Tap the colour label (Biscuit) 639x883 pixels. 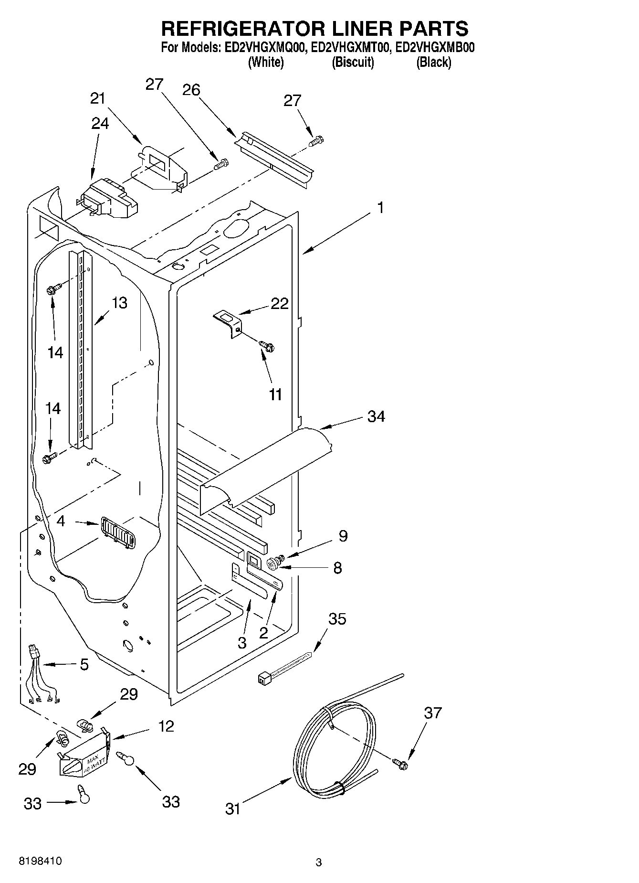coord(353,62)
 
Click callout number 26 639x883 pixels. coord(191,90)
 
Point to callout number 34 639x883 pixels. coord(376,416)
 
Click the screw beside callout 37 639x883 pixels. coord(401,764)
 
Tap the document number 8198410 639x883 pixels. coord(40,861)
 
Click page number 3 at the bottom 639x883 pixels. coord(319,862)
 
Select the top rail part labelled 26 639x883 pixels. coord(274,155)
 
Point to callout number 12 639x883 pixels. coord(166,726)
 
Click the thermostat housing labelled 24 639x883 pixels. coord(109,198)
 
